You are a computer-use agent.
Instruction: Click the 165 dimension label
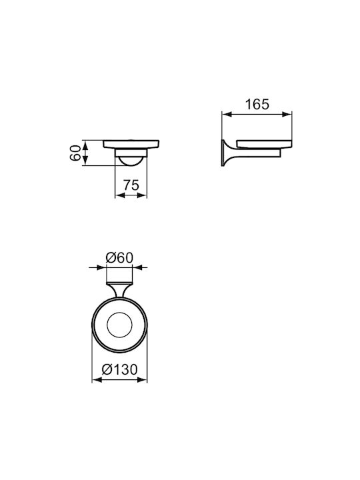coord(257,105)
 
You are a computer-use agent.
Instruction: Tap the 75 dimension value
coord(131,185)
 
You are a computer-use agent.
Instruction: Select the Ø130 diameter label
coord(120,369)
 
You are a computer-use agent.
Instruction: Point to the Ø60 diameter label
coord(119,258)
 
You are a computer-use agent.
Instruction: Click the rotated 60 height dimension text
coord(75,153)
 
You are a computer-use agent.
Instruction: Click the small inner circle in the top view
coord(119,325)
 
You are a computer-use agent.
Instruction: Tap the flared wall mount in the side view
coord(227,153)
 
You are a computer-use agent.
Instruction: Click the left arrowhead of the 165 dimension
coord(226,115)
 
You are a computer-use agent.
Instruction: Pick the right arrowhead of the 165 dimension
coord(287,115)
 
